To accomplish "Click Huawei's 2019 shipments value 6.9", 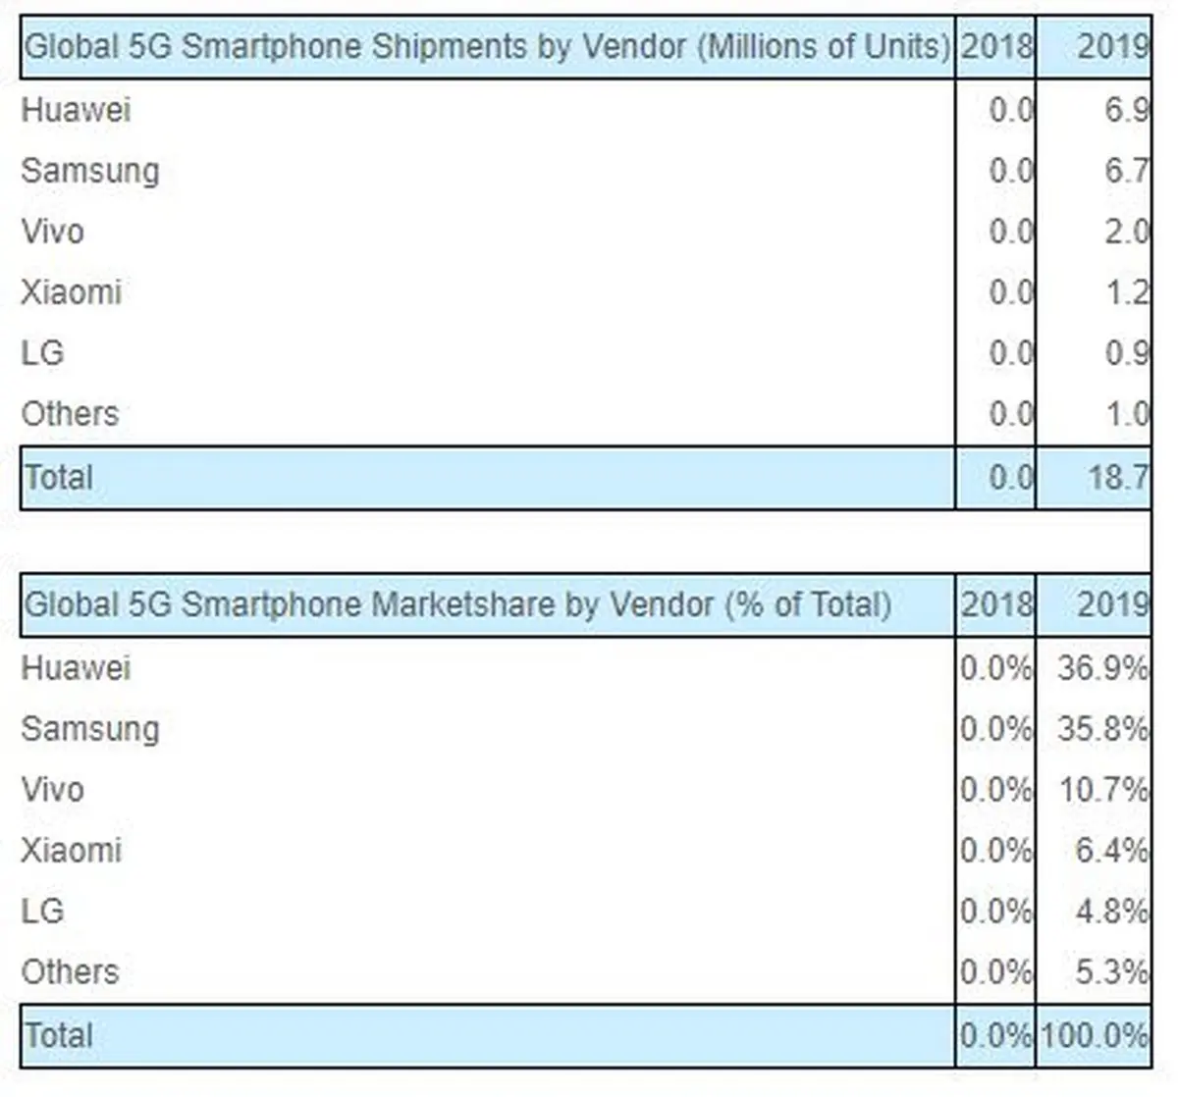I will coord(1126,109).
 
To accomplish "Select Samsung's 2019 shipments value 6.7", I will coord(1126,170).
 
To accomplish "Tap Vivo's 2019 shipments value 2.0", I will coord(1126,232).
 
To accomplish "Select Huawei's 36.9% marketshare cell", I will coord(1101,668).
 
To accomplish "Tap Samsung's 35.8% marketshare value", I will coord(1101,729).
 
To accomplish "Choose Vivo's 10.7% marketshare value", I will coord(1101,790).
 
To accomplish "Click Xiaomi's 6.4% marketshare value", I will coord(1110,851).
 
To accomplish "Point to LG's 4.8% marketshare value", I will coord(1110,912).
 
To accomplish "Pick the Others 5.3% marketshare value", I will coord(1110,972).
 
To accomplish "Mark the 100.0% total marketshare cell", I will coord(1094,1035).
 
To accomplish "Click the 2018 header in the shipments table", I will coord(995,46).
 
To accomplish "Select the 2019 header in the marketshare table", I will coord(1111,604).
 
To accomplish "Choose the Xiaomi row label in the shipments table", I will coord(71,292).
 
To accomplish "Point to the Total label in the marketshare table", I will coord(58,1035).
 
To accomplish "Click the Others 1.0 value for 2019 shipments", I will coord(1126,414).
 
